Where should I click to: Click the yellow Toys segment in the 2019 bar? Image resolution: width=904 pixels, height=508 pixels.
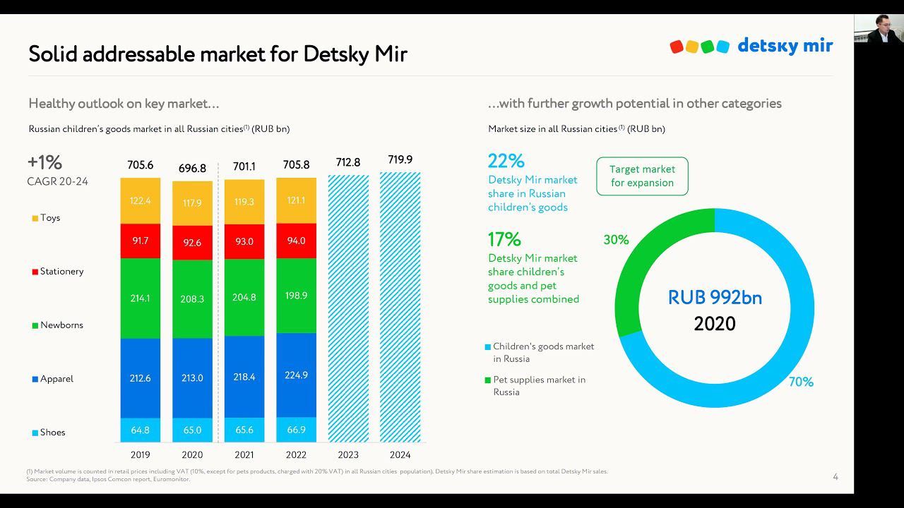[140, 201]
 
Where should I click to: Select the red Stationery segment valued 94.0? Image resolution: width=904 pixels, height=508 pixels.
[296, 241]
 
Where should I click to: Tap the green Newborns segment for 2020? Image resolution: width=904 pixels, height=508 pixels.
[192, 298]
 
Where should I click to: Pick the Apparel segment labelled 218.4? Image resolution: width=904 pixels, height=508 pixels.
[244, 377]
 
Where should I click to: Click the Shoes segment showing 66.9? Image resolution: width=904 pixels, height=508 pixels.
[296, 430]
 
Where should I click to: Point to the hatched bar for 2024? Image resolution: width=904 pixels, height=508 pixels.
[400, 307]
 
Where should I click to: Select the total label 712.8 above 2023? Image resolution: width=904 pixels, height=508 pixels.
[347, 162]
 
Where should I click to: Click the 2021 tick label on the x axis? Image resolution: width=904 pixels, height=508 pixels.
[244, 454]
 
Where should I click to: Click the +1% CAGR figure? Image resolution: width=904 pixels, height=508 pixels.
[45, 163]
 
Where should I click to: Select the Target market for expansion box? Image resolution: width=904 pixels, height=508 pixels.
[642, 176]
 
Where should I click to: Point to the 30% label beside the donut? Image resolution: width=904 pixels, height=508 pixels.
[616, 240]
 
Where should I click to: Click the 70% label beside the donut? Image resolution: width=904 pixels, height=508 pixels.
[801, 382]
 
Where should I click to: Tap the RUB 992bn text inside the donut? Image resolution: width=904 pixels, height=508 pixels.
[715, 297]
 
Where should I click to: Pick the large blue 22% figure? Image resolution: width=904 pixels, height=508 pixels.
[506, 161]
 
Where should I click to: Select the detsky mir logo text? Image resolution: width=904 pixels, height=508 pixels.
[785, 46]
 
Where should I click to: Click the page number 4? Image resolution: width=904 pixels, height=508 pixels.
[835, 477]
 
